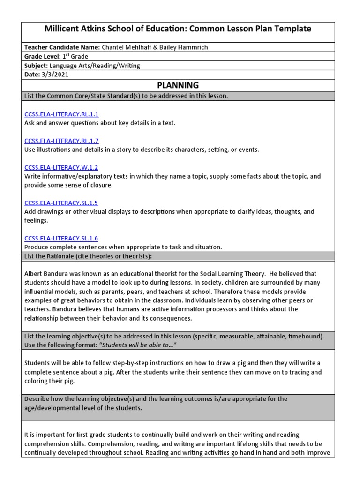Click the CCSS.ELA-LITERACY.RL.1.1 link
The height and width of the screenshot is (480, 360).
(61, 114)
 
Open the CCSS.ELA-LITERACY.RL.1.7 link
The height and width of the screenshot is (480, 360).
(61, 141)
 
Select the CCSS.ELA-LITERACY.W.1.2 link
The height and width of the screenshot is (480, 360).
(61, 168)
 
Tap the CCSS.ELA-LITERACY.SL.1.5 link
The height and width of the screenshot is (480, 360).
(61, 203)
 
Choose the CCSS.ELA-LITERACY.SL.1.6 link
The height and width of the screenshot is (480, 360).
(61, 239)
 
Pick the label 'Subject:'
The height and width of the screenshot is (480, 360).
(36, 66)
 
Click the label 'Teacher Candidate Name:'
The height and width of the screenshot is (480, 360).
(62, 48)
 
